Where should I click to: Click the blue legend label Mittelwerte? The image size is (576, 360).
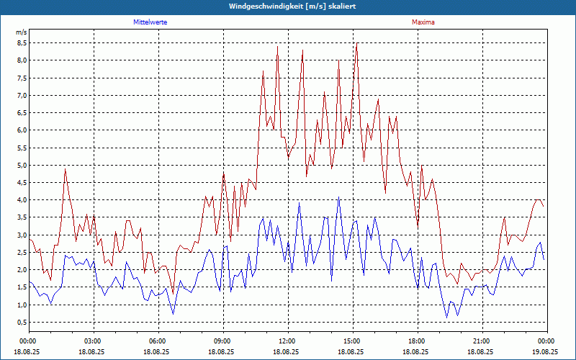[150, 22]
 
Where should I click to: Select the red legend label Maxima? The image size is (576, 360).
[423, 22]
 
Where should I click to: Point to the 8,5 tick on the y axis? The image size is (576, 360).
[22, 42]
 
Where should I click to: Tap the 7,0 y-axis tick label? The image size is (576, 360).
[22, 95]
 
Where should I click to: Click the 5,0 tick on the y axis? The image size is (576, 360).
[22, 165]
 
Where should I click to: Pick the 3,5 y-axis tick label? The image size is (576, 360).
[22, 217]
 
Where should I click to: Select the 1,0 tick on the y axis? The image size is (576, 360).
[22, 305]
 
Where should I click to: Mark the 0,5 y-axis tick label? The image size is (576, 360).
[22, 322]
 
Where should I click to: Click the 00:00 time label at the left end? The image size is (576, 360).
[29, 341]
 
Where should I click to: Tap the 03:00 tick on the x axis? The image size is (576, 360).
[94, 341]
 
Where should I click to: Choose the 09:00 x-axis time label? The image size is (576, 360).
[223, 341]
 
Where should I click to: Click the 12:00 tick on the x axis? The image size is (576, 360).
[288, 341]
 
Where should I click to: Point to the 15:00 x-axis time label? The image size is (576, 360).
[353, 341]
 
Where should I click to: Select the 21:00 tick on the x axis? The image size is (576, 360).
[482, 341]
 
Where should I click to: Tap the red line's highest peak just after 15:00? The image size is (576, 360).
[356, 45]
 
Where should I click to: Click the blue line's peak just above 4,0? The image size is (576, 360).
[339, 197]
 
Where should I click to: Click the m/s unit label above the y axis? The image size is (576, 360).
[22, 32]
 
